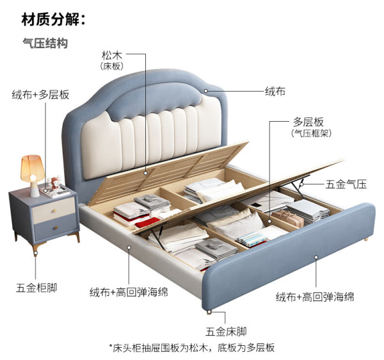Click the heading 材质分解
click(53, 20)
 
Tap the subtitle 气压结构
click(45, 44)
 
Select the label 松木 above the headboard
click(111, 55)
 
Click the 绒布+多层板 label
click(41, 95)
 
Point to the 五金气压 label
click(346, 184)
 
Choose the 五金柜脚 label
click(36, 288)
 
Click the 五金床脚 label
click(226, 332)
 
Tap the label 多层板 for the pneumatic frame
click(308, 122)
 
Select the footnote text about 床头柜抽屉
click(192, 347)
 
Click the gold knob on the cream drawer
click(54, 210)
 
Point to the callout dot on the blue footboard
click(316, 258)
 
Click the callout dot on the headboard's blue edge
click(206, 91)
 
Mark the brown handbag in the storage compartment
click(287, 217)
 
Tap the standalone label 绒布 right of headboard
click(275, 92)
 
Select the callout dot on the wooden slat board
click(145, 173)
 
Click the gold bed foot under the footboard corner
click(209, 312)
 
